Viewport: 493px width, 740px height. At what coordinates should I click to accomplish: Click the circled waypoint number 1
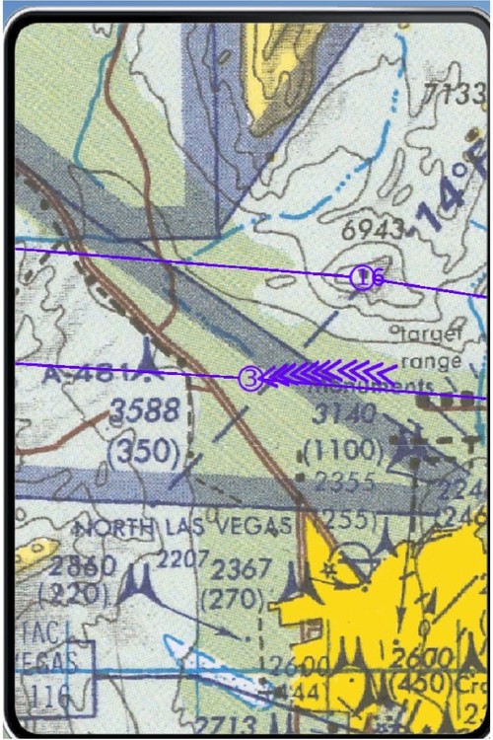(x=363, y=277)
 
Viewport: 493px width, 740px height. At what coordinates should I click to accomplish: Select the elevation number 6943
(x=372, y=229)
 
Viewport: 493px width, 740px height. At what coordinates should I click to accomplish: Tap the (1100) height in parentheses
(x=343, y=451)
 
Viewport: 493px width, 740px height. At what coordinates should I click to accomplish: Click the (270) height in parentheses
(x=232, y=598)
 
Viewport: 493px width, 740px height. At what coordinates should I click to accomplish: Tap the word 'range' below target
(x=432, y=361)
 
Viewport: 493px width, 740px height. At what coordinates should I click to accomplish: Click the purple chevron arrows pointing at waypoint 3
(x=331, y=373)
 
